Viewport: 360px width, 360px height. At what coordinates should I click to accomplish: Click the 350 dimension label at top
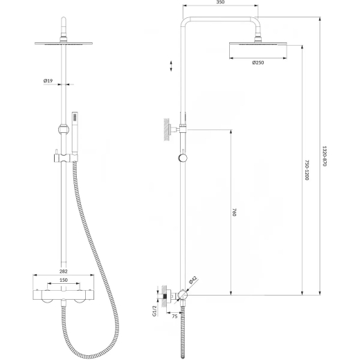pyautogui.click(x=220, y=2)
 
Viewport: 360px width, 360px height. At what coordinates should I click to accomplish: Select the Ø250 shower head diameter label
pyautogui.click(x=258, y=62)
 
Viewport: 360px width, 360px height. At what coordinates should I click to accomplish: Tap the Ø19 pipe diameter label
pyautogui.click(x=48, y=80)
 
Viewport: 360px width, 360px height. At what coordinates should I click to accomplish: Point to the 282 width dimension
pyautogui.click(x=64, y=271)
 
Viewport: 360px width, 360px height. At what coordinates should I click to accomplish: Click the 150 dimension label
pyautogui.click(x=64, y=280)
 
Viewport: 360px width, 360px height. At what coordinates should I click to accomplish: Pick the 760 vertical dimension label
pyautogui.click(x=235, y=212)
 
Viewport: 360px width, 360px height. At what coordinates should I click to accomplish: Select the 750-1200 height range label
pyautogui.click(x=307, y=170)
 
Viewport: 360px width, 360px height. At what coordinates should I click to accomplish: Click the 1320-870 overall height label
pyautogui.click(x=325, y=156)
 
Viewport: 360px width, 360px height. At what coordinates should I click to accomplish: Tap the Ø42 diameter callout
pyautogui.click(x=193, y=280)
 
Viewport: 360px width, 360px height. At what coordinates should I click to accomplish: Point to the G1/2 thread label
pyautogui.click(x=154, y=311)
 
